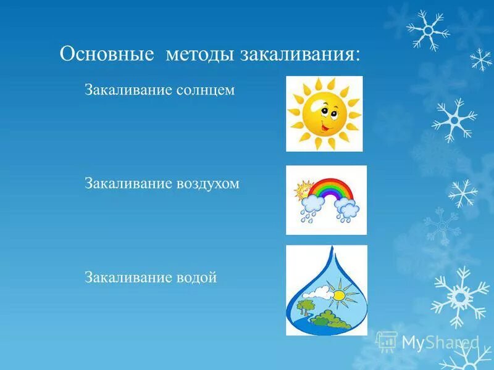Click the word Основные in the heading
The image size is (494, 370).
point(106,54)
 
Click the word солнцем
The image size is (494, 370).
point(206,91)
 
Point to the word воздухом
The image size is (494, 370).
point(208,184)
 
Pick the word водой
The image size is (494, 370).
point(197,277)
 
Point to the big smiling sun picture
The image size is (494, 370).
point(324,113)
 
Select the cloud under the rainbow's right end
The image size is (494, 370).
point(350,211)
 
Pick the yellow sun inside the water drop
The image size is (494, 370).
point(338,295)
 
